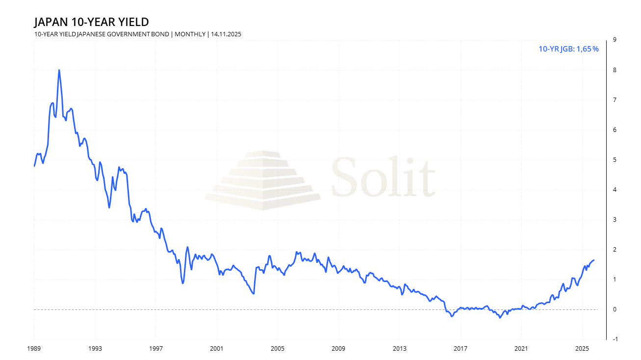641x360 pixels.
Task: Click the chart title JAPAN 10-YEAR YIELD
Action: point(91,22)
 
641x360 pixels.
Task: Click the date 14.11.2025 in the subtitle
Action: point(226,34)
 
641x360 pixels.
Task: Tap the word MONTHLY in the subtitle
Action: point(190,34)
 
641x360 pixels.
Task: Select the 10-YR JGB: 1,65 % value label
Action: point(568,49)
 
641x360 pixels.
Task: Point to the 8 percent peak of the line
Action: point(59,70)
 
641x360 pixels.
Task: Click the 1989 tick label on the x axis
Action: point(34,348)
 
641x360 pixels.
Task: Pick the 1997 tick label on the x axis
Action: point(155,348)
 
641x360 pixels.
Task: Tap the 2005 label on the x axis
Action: point(277,348)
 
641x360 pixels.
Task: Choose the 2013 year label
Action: point(399,348)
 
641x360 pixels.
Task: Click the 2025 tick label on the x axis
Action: point(582,348)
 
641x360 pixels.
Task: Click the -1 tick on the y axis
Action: point(613,339)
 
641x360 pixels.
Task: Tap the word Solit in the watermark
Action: point(383,177)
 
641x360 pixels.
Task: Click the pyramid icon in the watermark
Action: point(263,180)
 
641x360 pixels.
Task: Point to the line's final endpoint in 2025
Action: point(594,260)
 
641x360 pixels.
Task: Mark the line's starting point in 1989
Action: point(34,166)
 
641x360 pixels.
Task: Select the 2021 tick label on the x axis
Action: point(521,348)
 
